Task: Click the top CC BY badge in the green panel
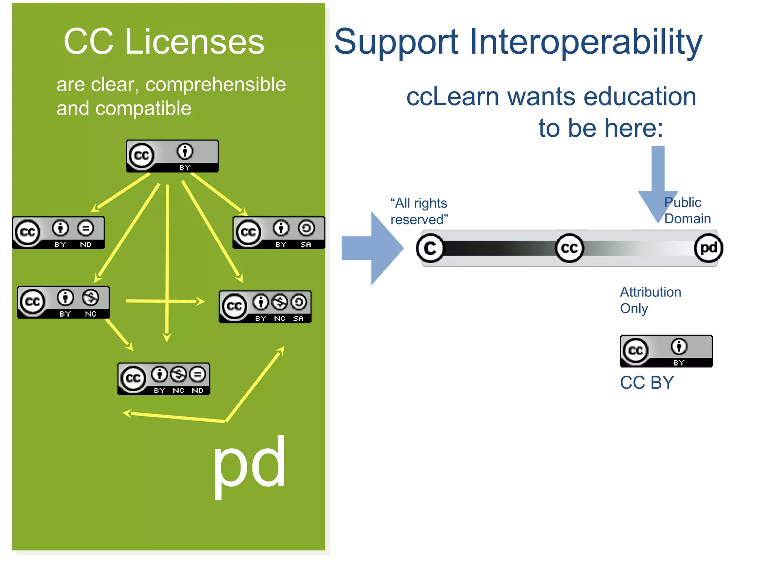pyautogui.click(x=172, y=156)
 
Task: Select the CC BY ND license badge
pyautogui.click(x=59, y=233)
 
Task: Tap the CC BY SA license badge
pyautogui.click(x=279, y=233)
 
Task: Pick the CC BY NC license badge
pyautogui.click(x=63, y=302)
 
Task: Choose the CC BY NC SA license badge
pyautogui.click(x=265, y=307)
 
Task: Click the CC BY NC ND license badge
pyautogui.click(x=164, y=379)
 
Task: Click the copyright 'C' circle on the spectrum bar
pyautogui.click(x=430, y=248)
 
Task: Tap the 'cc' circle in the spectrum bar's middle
pyautogui.click(x=569, y=248)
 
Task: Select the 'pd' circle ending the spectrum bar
pyautogui.click(x=708, y=248)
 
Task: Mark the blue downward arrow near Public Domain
pyautogui.click(x=658, y=182)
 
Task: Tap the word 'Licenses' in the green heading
pyautogui.click(x=195, y=42)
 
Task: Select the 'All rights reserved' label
pyautogui.click(x=419, y=212)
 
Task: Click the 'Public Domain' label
pyautogui.click(x=687, y=211)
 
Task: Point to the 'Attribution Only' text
pyautogui.click(x=650, y=300)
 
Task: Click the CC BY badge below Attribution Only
pyautogui.click(x=666, y=351)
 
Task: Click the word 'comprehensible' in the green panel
pyautogui.click(x=216, y=84)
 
